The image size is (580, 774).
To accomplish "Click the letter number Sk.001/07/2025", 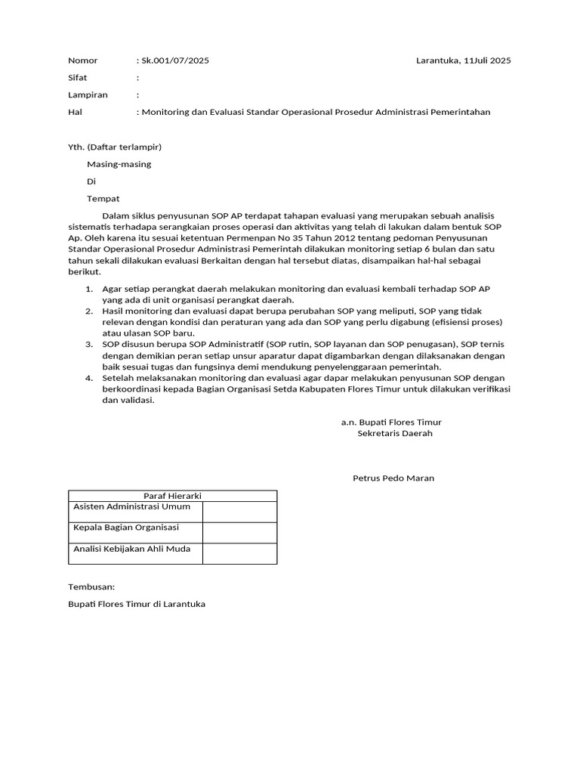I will pos(175,60).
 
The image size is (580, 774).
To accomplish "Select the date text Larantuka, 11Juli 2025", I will pos(463,60).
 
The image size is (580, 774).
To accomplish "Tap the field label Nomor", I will pos(83,60).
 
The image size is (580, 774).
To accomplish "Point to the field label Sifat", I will pos(78,78).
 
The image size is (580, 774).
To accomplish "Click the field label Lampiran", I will pos(88,95).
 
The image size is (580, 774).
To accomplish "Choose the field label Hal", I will pos(75,112).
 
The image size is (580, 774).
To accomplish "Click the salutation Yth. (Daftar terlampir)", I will pos(115,147).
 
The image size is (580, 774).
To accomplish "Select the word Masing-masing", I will pos(119,164).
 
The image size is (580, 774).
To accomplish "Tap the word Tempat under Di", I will pos(103,199).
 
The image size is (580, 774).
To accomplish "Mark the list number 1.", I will pos(88,289).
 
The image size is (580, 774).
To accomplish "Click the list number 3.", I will pos(88,345).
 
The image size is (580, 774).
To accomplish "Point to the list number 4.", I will pos(88,378).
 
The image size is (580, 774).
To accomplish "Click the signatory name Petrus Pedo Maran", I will pos(393,478).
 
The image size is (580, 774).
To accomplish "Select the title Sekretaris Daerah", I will pos(395,434).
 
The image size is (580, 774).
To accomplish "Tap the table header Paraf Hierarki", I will pos(172,496).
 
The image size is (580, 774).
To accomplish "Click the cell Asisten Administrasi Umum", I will pos(131,506).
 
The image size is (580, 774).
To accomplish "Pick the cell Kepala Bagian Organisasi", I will pos(125,528).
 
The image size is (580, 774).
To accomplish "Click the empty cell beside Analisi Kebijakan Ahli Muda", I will pos(239,553).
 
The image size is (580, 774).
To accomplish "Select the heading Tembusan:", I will pos(91,587).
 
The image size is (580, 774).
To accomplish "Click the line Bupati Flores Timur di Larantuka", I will pos(137,604).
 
